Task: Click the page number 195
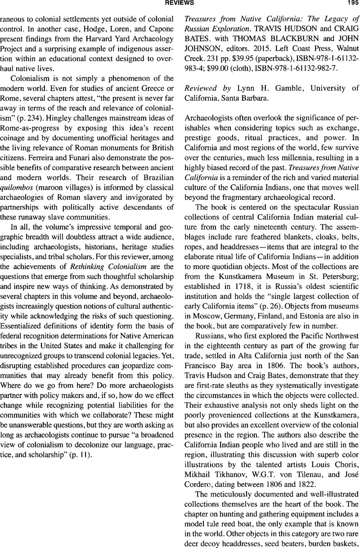click(x=346, y=4)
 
